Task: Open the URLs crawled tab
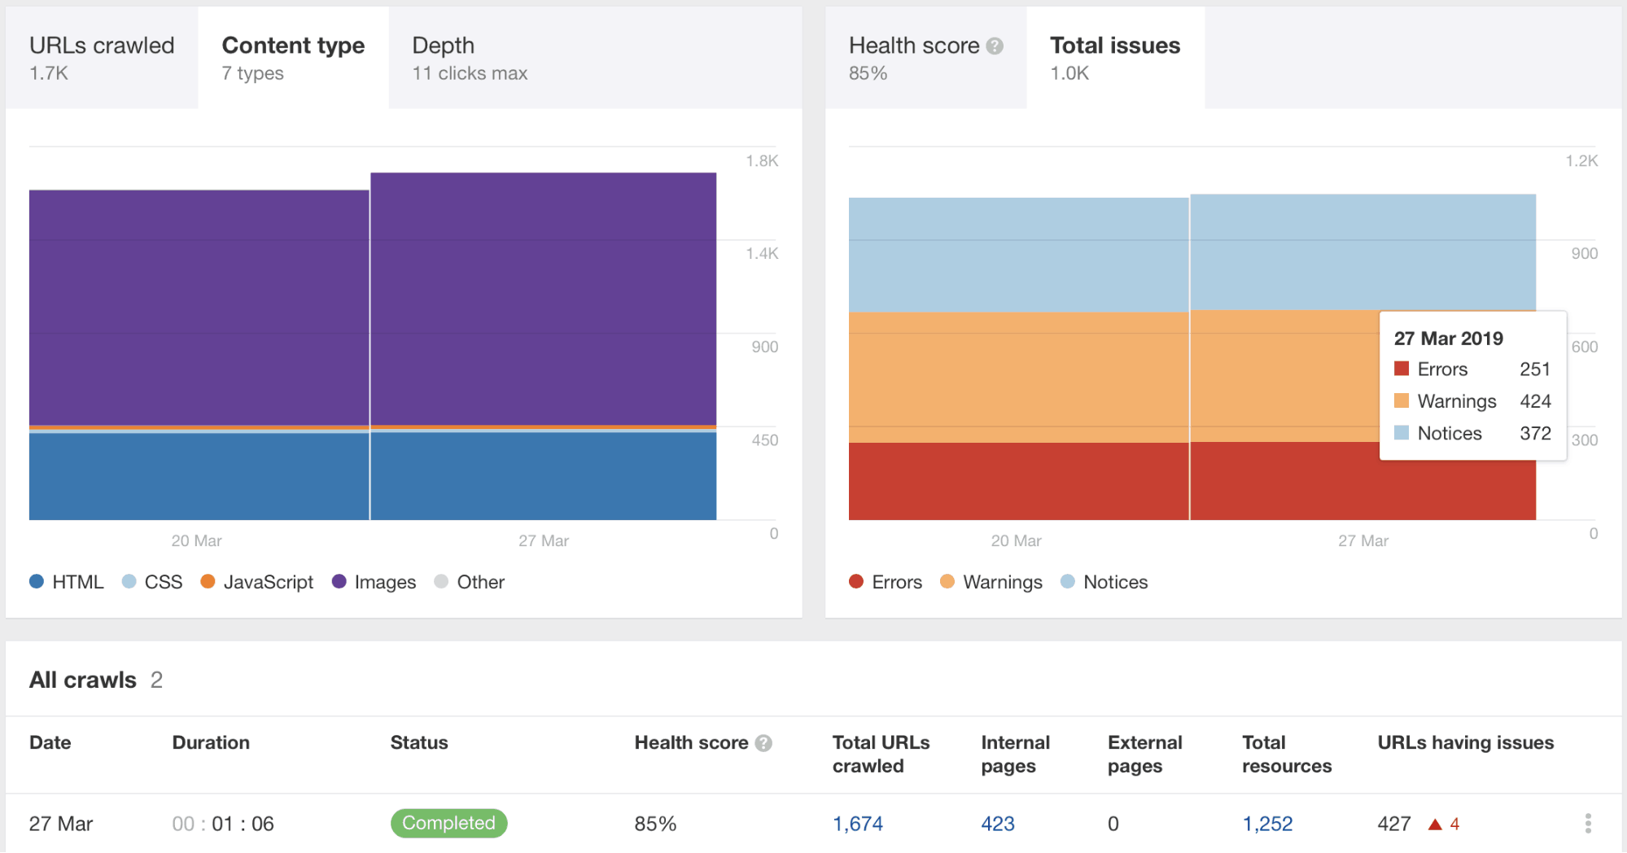(x=102, y=57)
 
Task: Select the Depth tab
(x=469, y=57)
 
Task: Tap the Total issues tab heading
(x=1114, y=57)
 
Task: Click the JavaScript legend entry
(x=257, y=582)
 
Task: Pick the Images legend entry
(x=374, y=582)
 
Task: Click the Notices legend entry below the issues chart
(x=1104, y=582)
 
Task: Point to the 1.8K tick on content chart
(x=762, y=160)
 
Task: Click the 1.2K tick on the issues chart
(x=1581, y=160)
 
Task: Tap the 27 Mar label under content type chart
(x=544, y=540)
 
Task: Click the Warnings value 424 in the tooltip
(x=1535, y=401)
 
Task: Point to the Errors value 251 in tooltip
(x=1534, y=370)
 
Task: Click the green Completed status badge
(x=448, y=823)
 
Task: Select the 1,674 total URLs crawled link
(x=857, y=824)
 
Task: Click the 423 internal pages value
(x=997, y=824)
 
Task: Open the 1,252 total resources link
(x=1267, y=824)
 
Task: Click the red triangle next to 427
(x=1435, y=825)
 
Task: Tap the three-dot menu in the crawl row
(x=1587, y=823)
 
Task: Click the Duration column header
(x=211, y=742)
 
